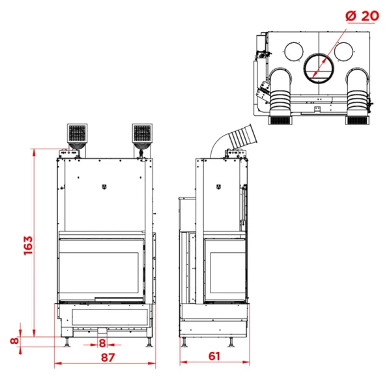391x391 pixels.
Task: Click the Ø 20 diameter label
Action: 360,14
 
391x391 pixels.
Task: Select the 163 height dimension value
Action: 27,246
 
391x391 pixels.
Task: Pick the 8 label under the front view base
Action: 102,343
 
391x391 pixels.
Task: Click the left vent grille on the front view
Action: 76,135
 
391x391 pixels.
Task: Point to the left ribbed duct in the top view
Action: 282,95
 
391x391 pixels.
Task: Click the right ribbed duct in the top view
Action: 357,95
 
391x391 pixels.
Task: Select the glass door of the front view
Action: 102,267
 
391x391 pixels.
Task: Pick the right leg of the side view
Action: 233,342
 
